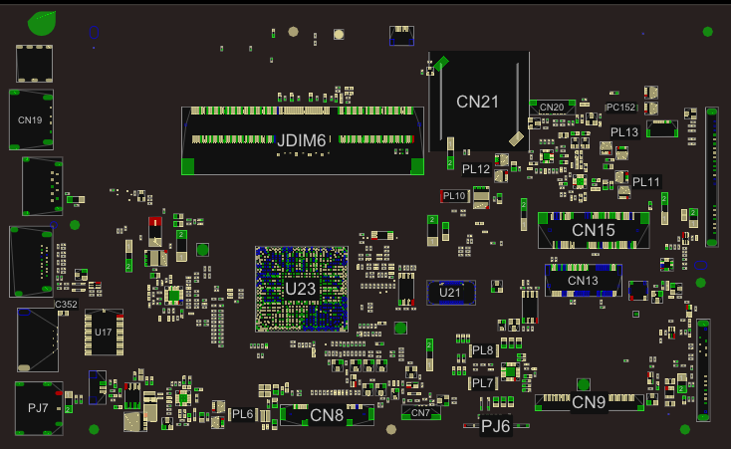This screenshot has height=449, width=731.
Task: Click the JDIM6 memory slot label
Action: click(x=301, y=140)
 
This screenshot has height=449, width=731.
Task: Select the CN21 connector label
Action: click(x=477, y=101)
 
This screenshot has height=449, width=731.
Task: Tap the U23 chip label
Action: click(x=300, y=289)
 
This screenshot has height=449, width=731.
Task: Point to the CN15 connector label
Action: click(x=593, y=230)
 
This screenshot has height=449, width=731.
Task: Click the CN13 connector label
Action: click(x=583, y=281)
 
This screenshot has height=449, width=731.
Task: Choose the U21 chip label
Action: click(x=450, y=292)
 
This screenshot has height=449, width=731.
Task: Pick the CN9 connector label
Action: click(x=589, y=402)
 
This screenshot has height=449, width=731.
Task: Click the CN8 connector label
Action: click(x=327, y=415)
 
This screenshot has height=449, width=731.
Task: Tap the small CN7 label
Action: click(x=420, y=412)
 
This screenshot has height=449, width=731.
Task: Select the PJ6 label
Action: click(x=495, y=426)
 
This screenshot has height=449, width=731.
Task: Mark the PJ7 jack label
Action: click(x=39, y=407)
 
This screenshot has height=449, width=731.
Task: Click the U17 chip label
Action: click(x=104, y=333)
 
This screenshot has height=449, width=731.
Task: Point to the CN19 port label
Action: click(x=30, y=120)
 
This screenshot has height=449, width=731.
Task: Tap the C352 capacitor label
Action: click(x=66, y=304)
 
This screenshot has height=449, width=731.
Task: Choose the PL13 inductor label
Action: click(x=624, y=131)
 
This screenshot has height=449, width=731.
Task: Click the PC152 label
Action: click(x=620, y=107)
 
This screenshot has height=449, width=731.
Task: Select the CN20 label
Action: click(x=552, y=107)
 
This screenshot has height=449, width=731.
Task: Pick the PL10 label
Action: click(x=454, y=196)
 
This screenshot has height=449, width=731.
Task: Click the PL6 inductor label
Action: click(x=243, y=413)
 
